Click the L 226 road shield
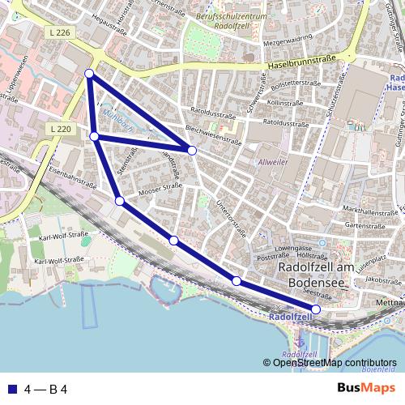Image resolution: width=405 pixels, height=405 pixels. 60,32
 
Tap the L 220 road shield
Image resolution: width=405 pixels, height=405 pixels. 60,129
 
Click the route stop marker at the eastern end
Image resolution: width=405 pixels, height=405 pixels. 316,309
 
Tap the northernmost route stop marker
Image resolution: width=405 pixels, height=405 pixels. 89,75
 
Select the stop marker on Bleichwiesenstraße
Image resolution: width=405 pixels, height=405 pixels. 192,150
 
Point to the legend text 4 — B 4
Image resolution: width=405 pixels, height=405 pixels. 45,388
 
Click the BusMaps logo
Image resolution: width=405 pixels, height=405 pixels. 366,387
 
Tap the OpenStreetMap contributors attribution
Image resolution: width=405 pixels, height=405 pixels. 334,363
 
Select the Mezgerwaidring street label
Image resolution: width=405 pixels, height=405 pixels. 285,37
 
